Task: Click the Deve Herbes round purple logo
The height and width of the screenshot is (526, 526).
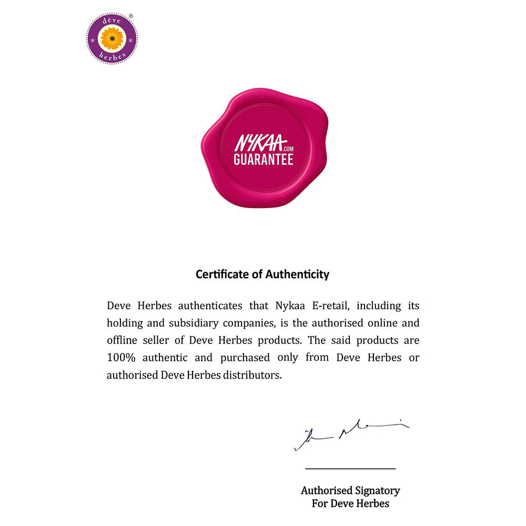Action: pyautogui.click(x=112, y=38)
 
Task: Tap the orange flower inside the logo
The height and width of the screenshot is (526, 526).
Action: pyautogui.click(x=112, y=38)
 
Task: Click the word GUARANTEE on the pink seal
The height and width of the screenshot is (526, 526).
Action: pyautogui.click(x=263, y=159)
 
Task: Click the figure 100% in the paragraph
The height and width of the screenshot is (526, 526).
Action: pyautogui.click(x=121, y=358)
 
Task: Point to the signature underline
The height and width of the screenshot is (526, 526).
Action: pyautogui.click(x=350, y=468)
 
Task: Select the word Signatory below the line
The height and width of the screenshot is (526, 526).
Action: pyautogui.click(x=375, y=491)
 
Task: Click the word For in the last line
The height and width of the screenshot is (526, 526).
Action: pyautogui.click(x=320, y=503)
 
